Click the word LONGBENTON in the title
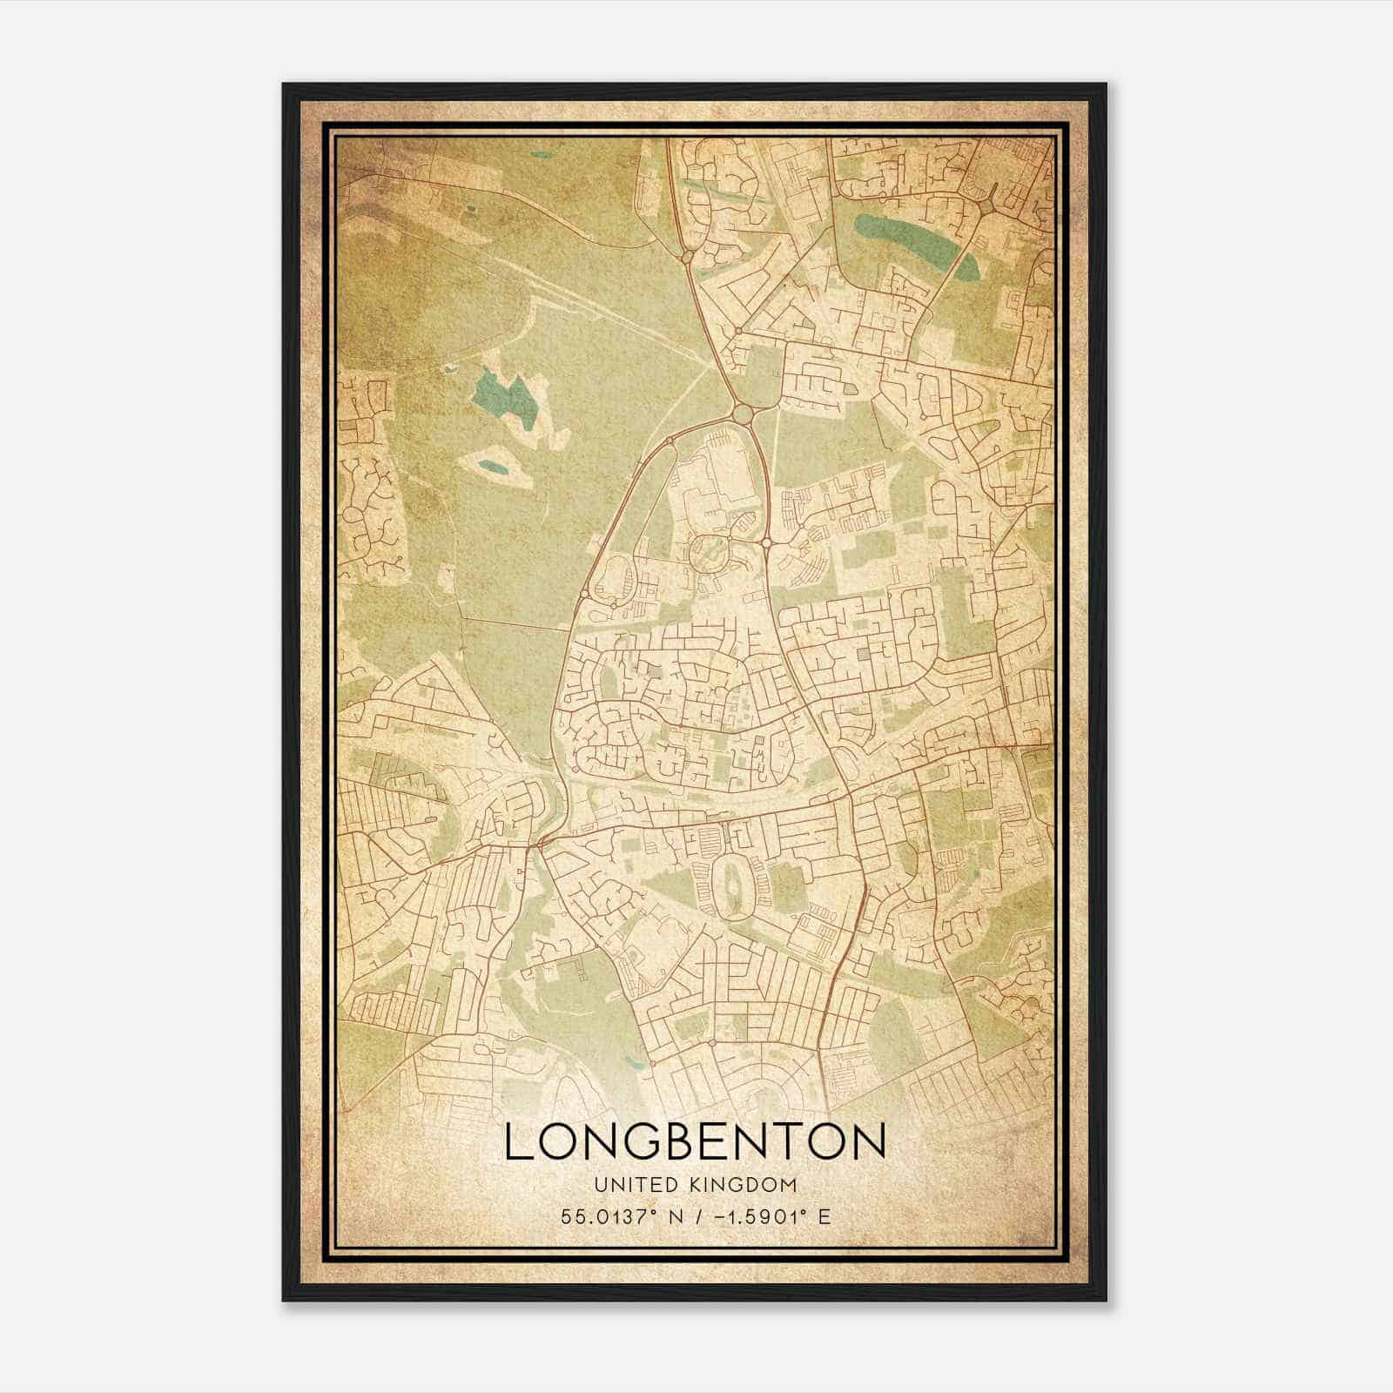[x=696, y=1141]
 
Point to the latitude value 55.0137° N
[x=621, y=1216]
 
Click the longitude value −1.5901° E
[x=771, y=1216]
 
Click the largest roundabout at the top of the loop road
[x=742, y=413]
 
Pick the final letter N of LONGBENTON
[x=867, y=1141]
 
